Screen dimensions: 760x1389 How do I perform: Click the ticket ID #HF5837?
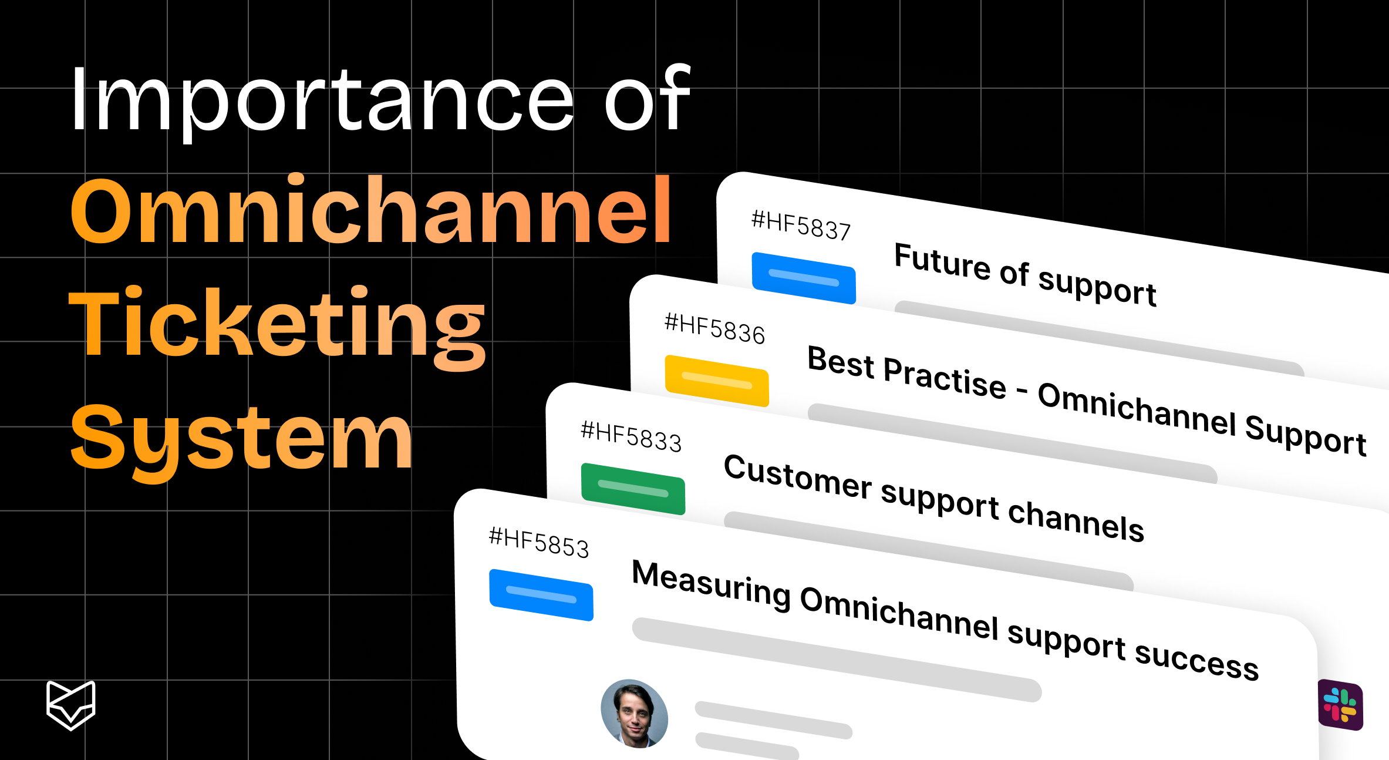tap(801, 226)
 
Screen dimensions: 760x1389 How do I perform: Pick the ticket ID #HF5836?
tap(714, 329)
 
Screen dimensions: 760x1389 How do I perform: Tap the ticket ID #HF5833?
tap(631, 437)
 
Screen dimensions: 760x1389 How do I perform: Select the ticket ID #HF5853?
tap(539, 543)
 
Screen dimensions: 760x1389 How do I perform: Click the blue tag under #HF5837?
tap(804, 278)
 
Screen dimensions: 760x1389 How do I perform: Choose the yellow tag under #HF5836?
tap(717, 381)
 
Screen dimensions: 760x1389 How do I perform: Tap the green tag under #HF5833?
tap(633, 489)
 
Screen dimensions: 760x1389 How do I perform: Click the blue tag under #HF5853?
tap(541, 594)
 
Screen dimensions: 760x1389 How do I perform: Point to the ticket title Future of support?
tap(1025, 274)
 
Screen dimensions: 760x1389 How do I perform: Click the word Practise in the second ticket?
tap(945, 377)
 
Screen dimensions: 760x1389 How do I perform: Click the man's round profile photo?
tap(634, 714)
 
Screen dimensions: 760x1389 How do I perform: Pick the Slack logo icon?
tap(1340, 704)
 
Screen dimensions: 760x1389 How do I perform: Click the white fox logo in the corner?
tap(71, 705)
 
